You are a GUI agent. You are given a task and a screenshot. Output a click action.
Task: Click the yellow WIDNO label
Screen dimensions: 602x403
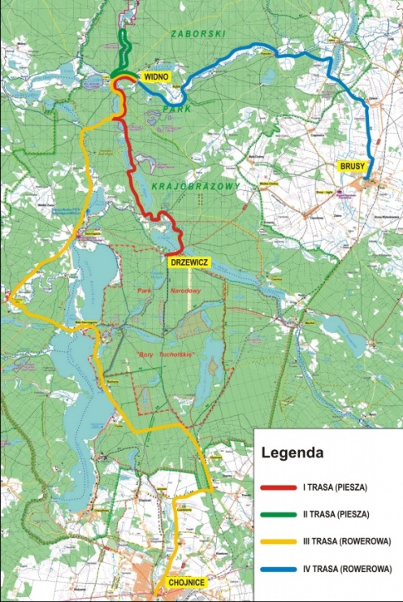155,76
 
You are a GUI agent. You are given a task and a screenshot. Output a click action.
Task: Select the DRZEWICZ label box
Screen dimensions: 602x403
188,262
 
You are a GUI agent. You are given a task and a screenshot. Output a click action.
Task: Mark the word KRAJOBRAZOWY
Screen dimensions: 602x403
195,187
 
